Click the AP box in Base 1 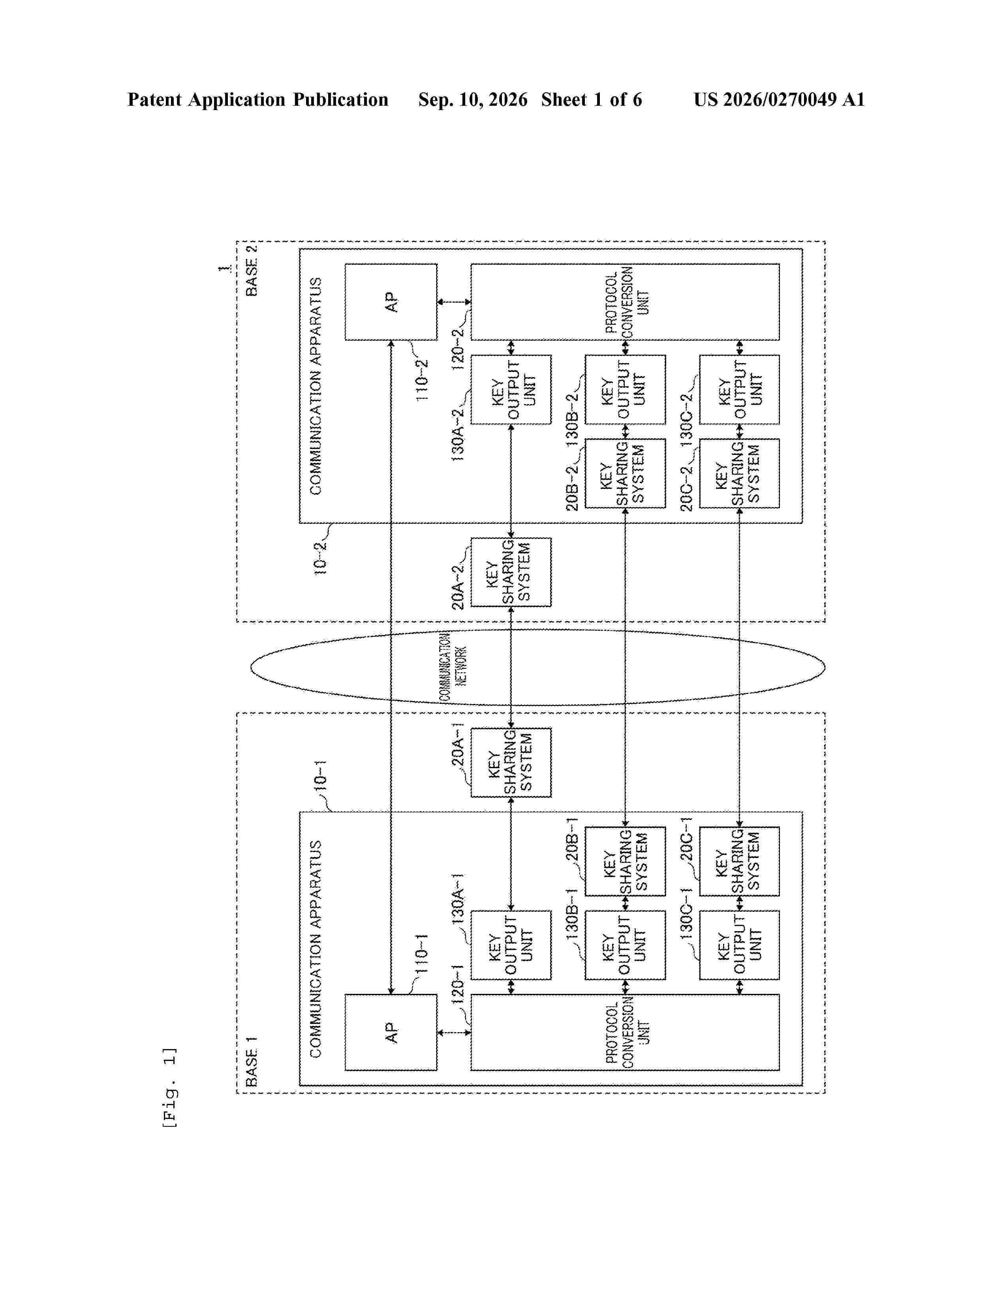point(391,1032)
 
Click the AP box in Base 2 point(391,302)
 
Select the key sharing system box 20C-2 point(739,473)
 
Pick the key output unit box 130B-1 point(625,945)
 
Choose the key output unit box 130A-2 point(511,389)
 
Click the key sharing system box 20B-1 point(625,861)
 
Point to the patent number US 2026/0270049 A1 point(779,99)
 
